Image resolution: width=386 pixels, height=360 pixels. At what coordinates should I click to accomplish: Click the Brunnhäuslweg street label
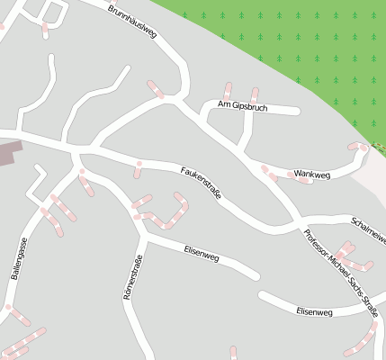click(132, 22)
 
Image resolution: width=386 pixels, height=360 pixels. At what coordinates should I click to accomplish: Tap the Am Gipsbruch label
click(238, 104)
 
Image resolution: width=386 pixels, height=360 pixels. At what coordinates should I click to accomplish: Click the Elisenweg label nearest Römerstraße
click(202, 255)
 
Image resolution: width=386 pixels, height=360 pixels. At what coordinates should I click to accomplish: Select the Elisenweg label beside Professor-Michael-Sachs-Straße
click(314, 311)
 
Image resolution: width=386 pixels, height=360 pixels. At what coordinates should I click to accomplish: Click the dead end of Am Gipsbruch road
click(297, 112)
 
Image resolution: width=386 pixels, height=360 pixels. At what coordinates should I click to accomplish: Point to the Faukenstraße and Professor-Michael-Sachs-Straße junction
click(296, 224)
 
